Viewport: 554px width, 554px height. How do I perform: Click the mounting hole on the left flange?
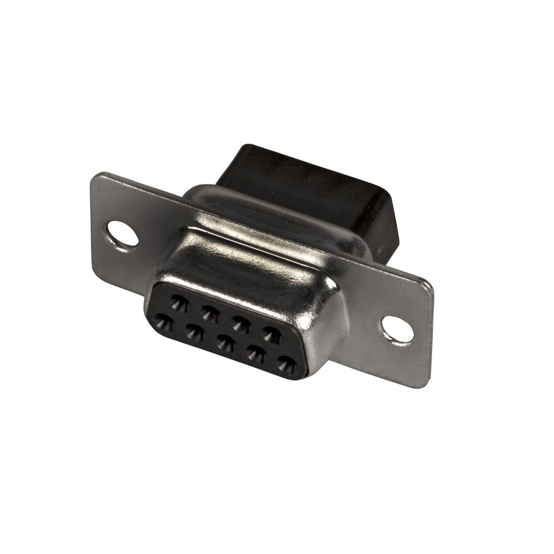coord(122,233)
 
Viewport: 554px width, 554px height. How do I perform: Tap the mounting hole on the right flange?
coord(398,329)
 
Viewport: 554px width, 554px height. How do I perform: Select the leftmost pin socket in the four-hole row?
coord(179,302)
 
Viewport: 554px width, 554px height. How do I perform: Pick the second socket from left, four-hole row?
coord(209,313)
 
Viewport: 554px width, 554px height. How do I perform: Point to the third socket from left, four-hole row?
coord(240,324)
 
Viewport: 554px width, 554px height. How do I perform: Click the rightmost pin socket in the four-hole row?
coord(271,334)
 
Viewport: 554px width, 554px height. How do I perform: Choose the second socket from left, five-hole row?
coord(194,332)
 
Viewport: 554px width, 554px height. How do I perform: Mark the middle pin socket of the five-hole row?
coord(225,343)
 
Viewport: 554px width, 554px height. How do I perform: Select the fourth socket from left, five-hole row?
coord(256,354)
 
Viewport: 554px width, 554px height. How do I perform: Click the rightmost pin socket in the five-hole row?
coord(286,365)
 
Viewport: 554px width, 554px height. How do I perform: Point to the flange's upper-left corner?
coord(94,176)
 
